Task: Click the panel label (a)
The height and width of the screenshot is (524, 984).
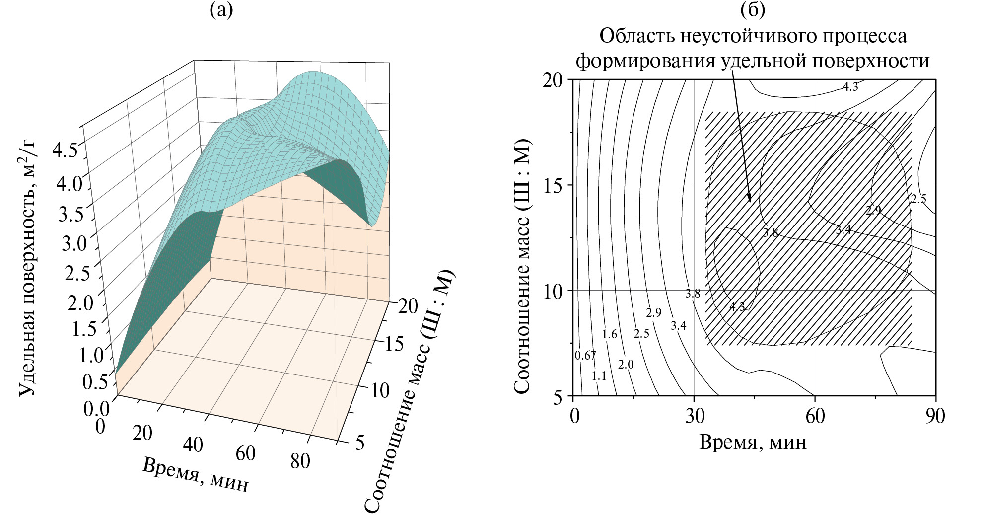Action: click(x=221, y=10)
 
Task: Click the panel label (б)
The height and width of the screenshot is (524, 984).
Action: click(x=752, y=10)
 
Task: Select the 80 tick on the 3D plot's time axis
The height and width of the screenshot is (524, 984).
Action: click(x=300, y=461)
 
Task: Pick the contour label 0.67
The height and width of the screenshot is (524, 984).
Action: click(x=585, y=356)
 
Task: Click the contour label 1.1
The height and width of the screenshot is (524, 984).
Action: click(x=599, y=376)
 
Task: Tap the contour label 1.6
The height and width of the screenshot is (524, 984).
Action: click(x=609, y=334)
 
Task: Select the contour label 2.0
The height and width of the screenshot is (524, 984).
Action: click(x=626, y=365)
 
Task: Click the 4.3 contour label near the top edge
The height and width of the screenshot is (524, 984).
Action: click(x=850, y=87)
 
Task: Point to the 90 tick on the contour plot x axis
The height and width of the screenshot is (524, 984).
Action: click(x=935, y=416)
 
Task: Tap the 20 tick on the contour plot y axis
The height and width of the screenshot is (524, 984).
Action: click(x=552, y=80)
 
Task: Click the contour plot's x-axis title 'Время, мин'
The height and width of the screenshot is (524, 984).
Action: click(x=753, y=442)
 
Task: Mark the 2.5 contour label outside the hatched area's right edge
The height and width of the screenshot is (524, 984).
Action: click(x=918, y=200)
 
